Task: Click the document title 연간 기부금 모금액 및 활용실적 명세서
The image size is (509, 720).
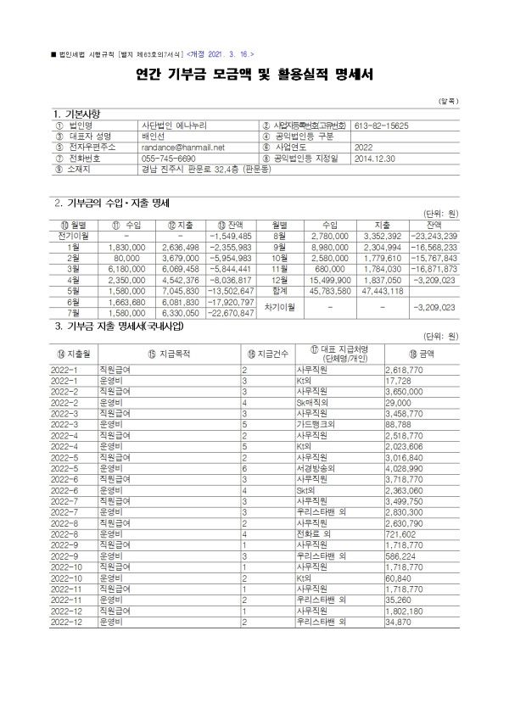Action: click(x=254, y=75)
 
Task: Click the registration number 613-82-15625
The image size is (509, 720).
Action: click(x=379, y=125)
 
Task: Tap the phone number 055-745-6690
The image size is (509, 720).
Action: click(x=169, y=158)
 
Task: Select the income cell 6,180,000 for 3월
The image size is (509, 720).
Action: click(x=134, y=267)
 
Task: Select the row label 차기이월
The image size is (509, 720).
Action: click(x=279, y=307)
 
